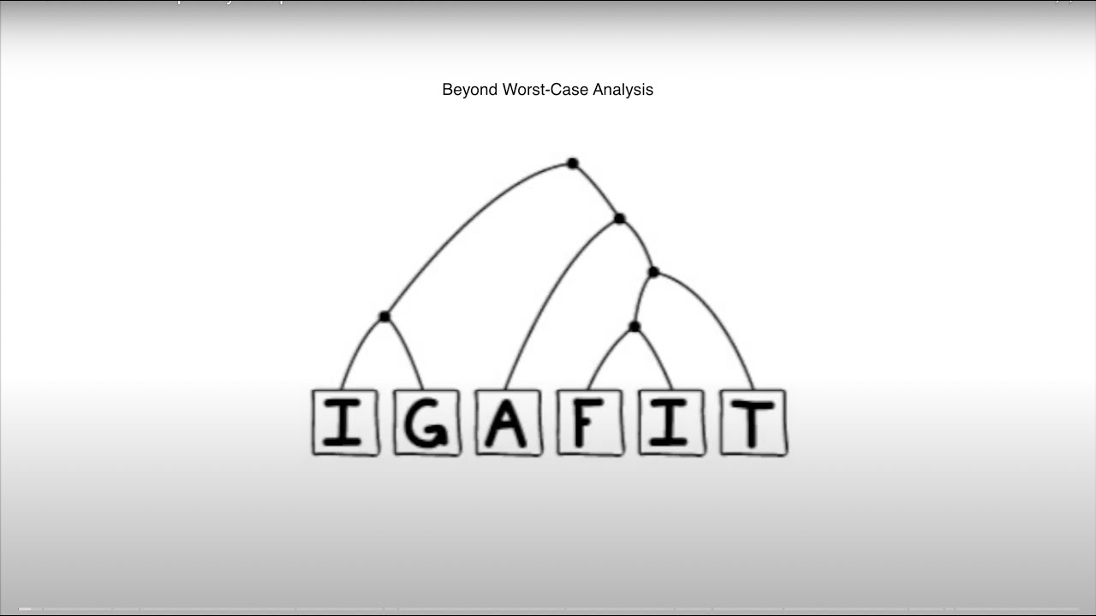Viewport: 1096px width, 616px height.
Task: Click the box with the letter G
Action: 426,423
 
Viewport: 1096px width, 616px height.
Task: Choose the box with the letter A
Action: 509,423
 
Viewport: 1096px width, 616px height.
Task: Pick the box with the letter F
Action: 590,423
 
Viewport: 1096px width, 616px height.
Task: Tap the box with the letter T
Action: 753,423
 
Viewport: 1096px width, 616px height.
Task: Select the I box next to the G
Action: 345,423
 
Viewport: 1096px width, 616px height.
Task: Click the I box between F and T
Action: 672,423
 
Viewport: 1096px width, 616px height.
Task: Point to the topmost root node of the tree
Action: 573,163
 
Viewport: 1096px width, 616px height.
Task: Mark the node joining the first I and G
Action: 384,317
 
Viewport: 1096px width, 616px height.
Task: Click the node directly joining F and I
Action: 634,327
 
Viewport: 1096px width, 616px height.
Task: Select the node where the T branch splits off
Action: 653,272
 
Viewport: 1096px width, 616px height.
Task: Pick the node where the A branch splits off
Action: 620,219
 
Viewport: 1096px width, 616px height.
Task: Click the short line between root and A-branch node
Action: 598,190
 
